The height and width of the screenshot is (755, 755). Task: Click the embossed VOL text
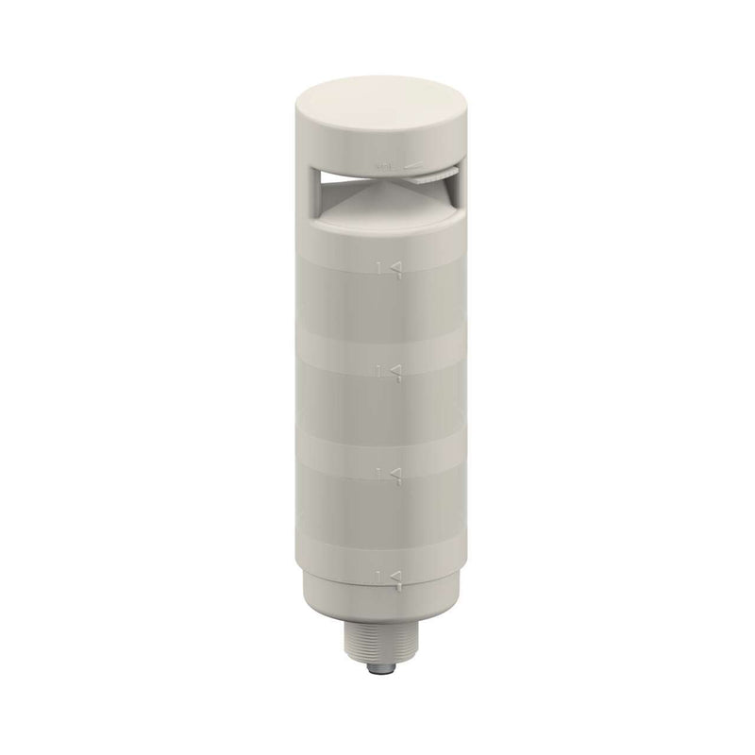click(x=384, y=165)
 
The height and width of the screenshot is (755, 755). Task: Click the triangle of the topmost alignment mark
click(x=396, y=270)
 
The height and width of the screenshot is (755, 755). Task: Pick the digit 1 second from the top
click(x=381, y=369)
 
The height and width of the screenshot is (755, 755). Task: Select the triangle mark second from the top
click(x=396, y=369)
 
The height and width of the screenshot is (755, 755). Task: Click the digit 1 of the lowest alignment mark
click(x=381, y=574)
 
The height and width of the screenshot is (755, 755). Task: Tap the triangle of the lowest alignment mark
click(x=396, y=574)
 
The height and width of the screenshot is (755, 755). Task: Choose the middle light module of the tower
click(x=377, y=415)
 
